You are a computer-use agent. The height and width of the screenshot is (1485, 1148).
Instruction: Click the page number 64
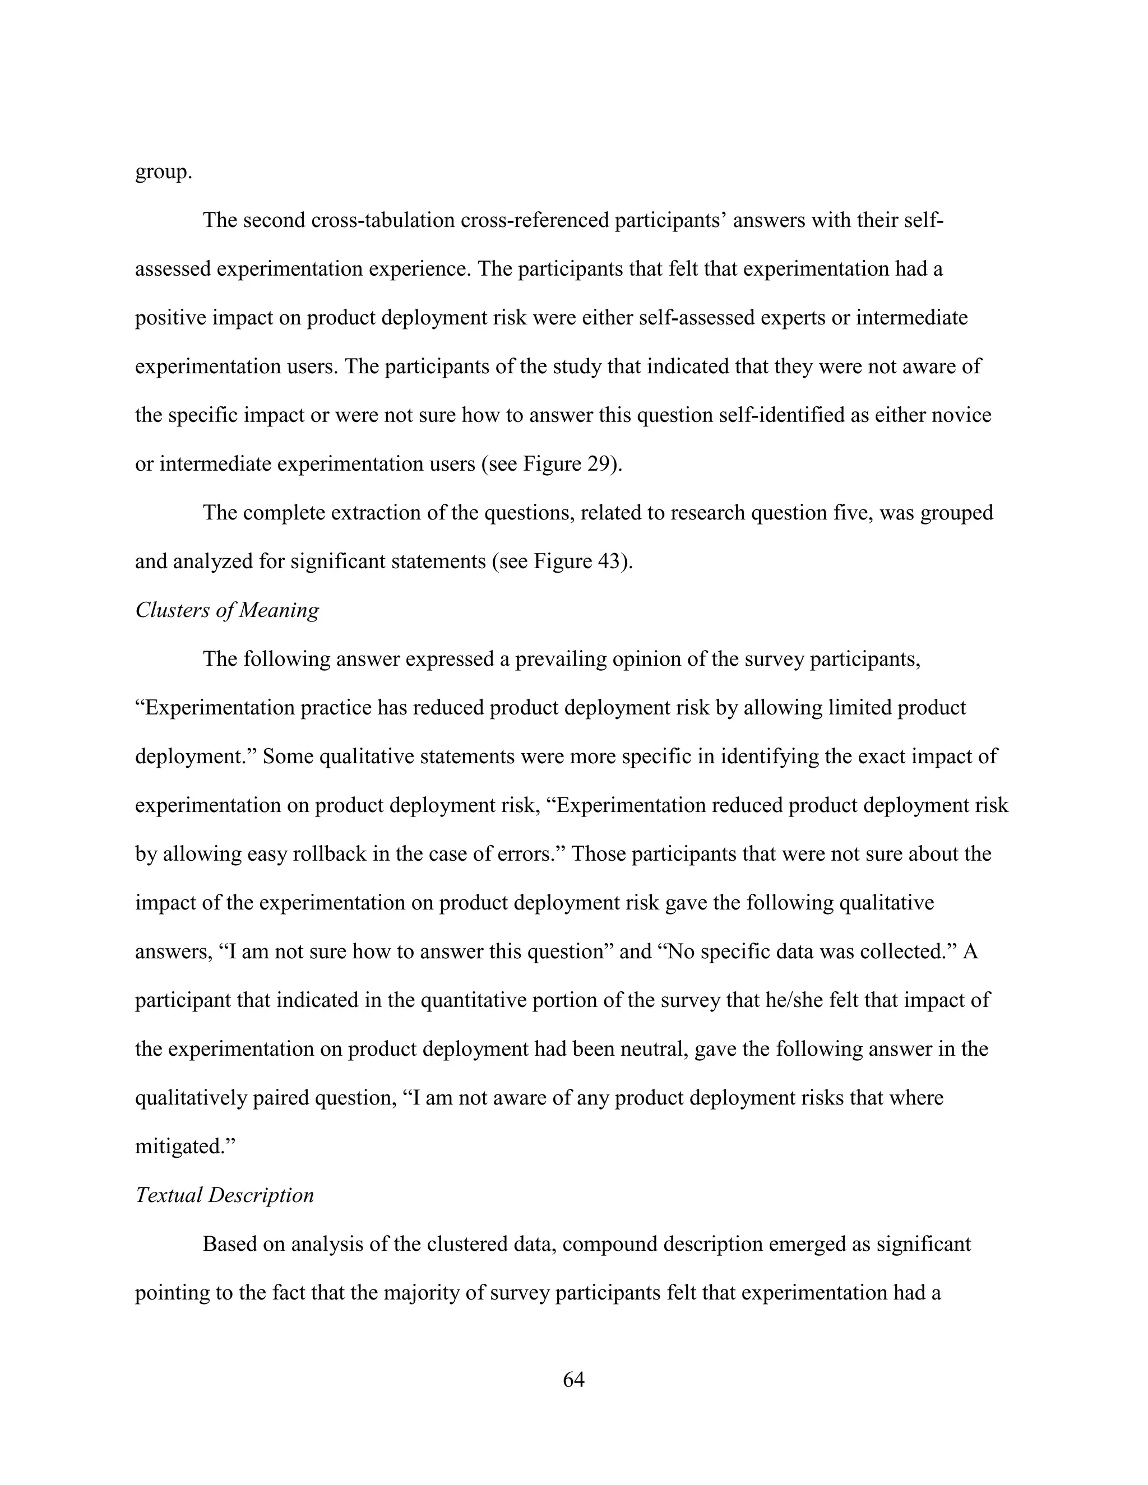click(573, 1379)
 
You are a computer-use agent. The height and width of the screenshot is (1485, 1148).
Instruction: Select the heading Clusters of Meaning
click(226, 610)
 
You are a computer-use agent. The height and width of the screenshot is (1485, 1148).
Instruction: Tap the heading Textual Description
click(224, 1195)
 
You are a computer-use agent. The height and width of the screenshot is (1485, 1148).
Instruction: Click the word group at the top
click(163, 172)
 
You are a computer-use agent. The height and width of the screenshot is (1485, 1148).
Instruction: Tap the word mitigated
click(182, 1147)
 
